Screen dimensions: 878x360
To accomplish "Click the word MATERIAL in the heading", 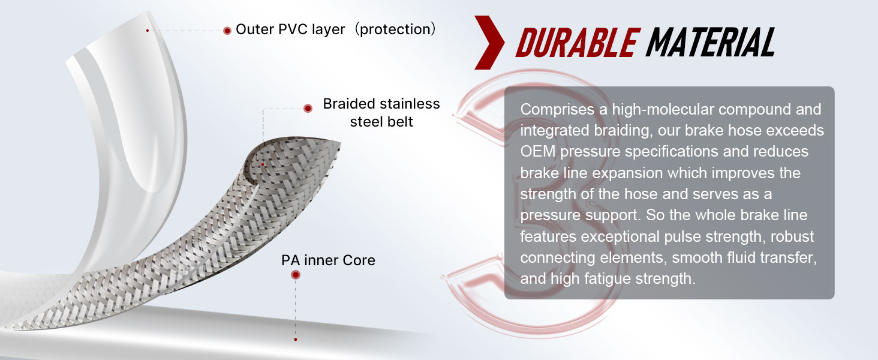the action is coord(711,42).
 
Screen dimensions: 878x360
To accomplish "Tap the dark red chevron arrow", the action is coord(489,43).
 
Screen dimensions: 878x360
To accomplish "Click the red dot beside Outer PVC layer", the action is coord(227,31).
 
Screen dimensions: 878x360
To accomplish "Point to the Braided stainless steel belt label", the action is coord(381,113).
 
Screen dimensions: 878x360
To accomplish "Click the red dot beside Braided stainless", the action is coord(308,108).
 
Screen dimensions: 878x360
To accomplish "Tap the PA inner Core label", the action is coord(328,260).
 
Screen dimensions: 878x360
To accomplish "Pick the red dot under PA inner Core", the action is coord(296,275).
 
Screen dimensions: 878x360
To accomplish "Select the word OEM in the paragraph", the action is coord(538,151).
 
